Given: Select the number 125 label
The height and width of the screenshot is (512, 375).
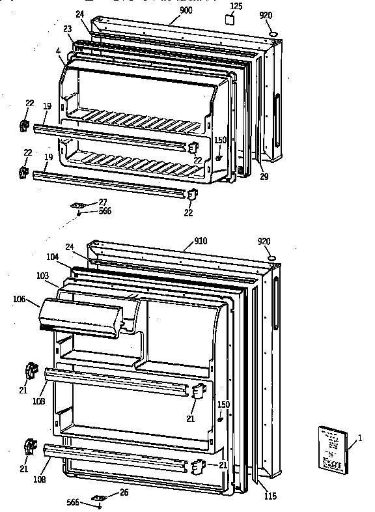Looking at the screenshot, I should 236,7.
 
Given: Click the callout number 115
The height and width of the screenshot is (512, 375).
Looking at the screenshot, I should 270,496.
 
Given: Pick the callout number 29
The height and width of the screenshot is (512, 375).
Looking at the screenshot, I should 263,177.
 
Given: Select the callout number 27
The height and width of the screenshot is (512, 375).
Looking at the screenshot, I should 102,203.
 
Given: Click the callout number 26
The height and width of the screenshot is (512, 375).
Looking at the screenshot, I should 124,492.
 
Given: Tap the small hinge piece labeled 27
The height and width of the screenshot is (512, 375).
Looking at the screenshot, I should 79,205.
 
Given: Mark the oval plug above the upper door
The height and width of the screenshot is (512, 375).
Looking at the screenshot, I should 273,34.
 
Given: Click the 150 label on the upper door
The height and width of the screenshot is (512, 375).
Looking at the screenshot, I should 220,140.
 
